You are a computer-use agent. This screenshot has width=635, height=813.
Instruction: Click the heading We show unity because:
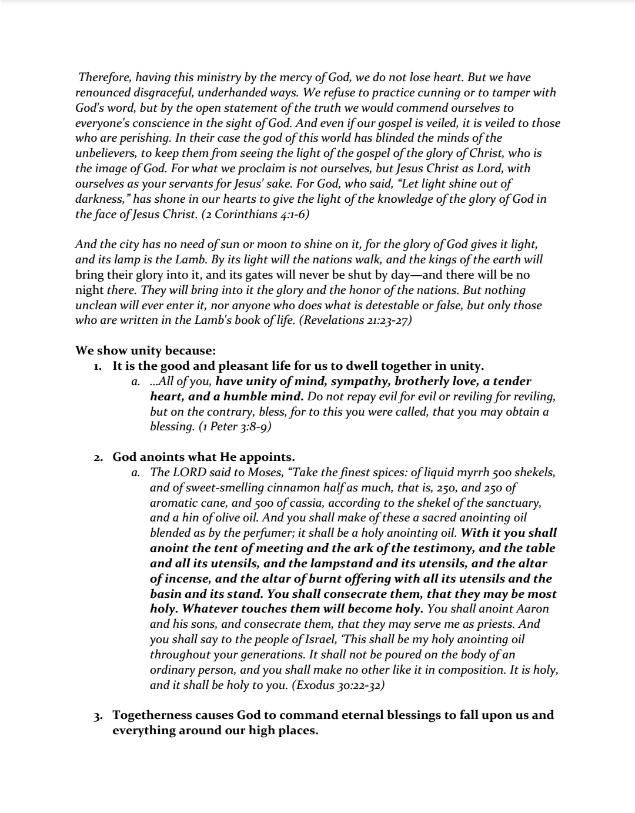(145, 351)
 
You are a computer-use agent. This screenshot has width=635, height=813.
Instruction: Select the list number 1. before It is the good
(98, 366)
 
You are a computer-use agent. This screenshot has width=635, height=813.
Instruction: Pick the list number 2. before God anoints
(98, 457)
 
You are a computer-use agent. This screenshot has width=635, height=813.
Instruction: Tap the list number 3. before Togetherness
(98, 716)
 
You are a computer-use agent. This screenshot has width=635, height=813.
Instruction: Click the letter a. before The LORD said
(136, 473)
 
